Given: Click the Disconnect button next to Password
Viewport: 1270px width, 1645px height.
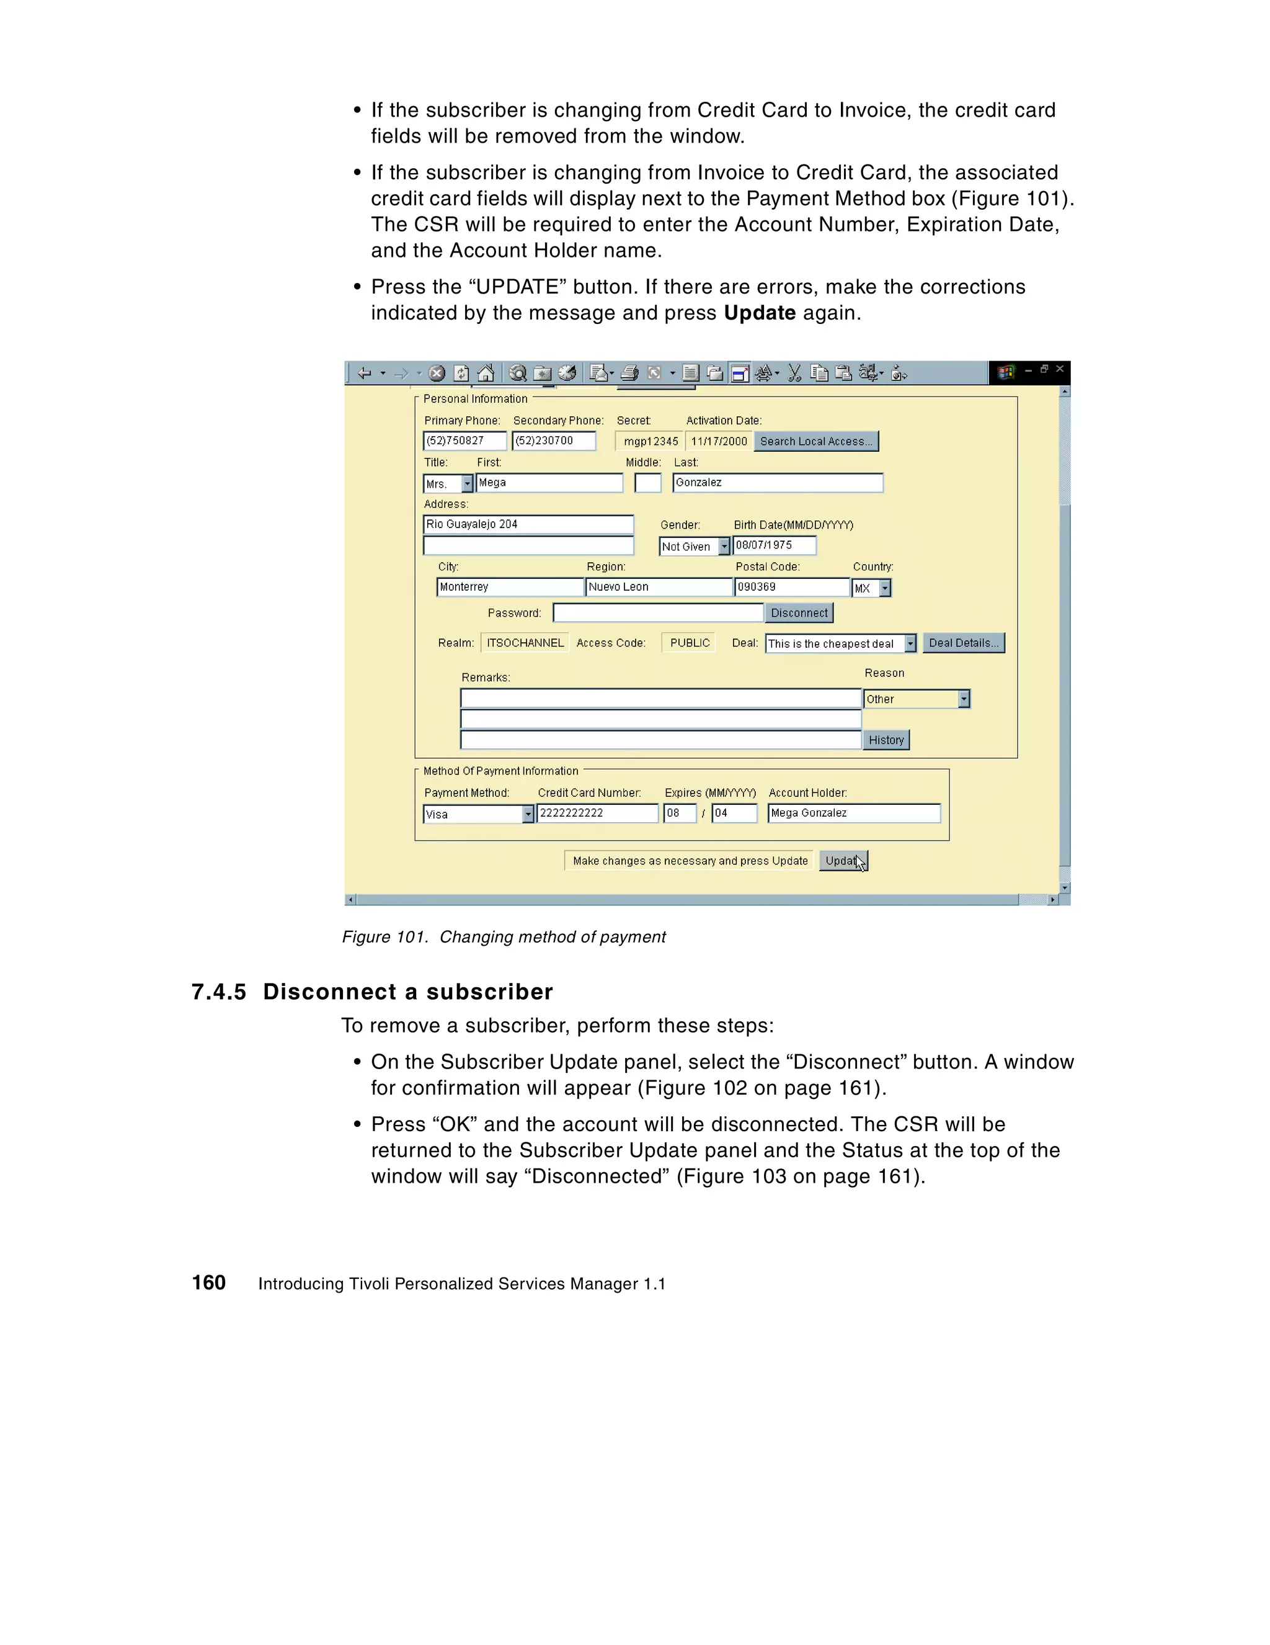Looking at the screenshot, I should pos(799,613).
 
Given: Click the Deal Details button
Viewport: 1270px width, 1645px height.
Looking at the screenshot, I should pos(963,642).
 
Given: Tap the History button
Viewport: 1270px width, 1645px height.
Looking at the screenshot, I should pos(886,740).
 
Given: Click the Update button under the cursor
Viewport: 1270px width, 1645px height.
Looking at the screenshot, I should pos(842,860).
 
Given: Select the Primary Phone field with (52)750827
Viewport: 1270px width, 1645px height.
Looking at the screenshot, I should pos(464,441).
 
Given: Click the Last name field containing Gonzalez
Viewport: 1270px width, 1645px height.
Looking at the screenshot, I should pos(777,483).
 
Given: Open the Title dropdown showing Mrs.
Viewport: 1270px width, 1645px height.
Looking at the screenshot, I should pos(467,483).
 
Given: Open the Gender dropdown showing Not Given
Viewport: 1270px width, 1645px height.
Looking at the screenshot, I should pos(724,546).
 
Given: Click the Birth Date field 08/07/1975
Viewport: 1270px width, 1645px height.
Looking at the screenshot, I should pos(774,545).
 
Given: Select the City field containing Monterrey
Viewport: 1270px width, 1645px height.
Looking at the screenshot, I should pos(510,587).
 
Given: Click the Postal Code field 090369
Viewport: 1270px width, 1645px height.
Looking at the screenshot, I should pos(791,587).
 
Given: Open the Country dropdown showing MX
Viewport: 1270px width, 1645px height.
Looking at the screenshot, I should pos(884,588).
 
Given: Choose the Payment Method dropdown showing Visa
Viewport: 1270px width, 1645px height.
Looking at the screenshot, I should pos(528,814).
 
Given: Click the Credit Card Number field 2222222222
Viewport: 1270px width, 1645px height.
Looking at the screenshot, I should pos(597,814).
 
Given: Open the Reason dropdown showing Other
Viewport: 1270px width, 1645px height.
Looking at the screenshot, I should pos(963,699).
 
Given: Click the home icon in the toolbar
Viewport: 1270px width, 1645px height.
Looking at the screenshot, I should pos(486,373).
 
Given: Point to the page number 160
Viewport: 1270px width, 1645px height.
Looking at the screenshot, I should pos(208,1283).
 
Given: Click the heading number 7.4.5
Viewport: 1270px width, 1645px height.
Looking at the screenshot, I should pos(218,992).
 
